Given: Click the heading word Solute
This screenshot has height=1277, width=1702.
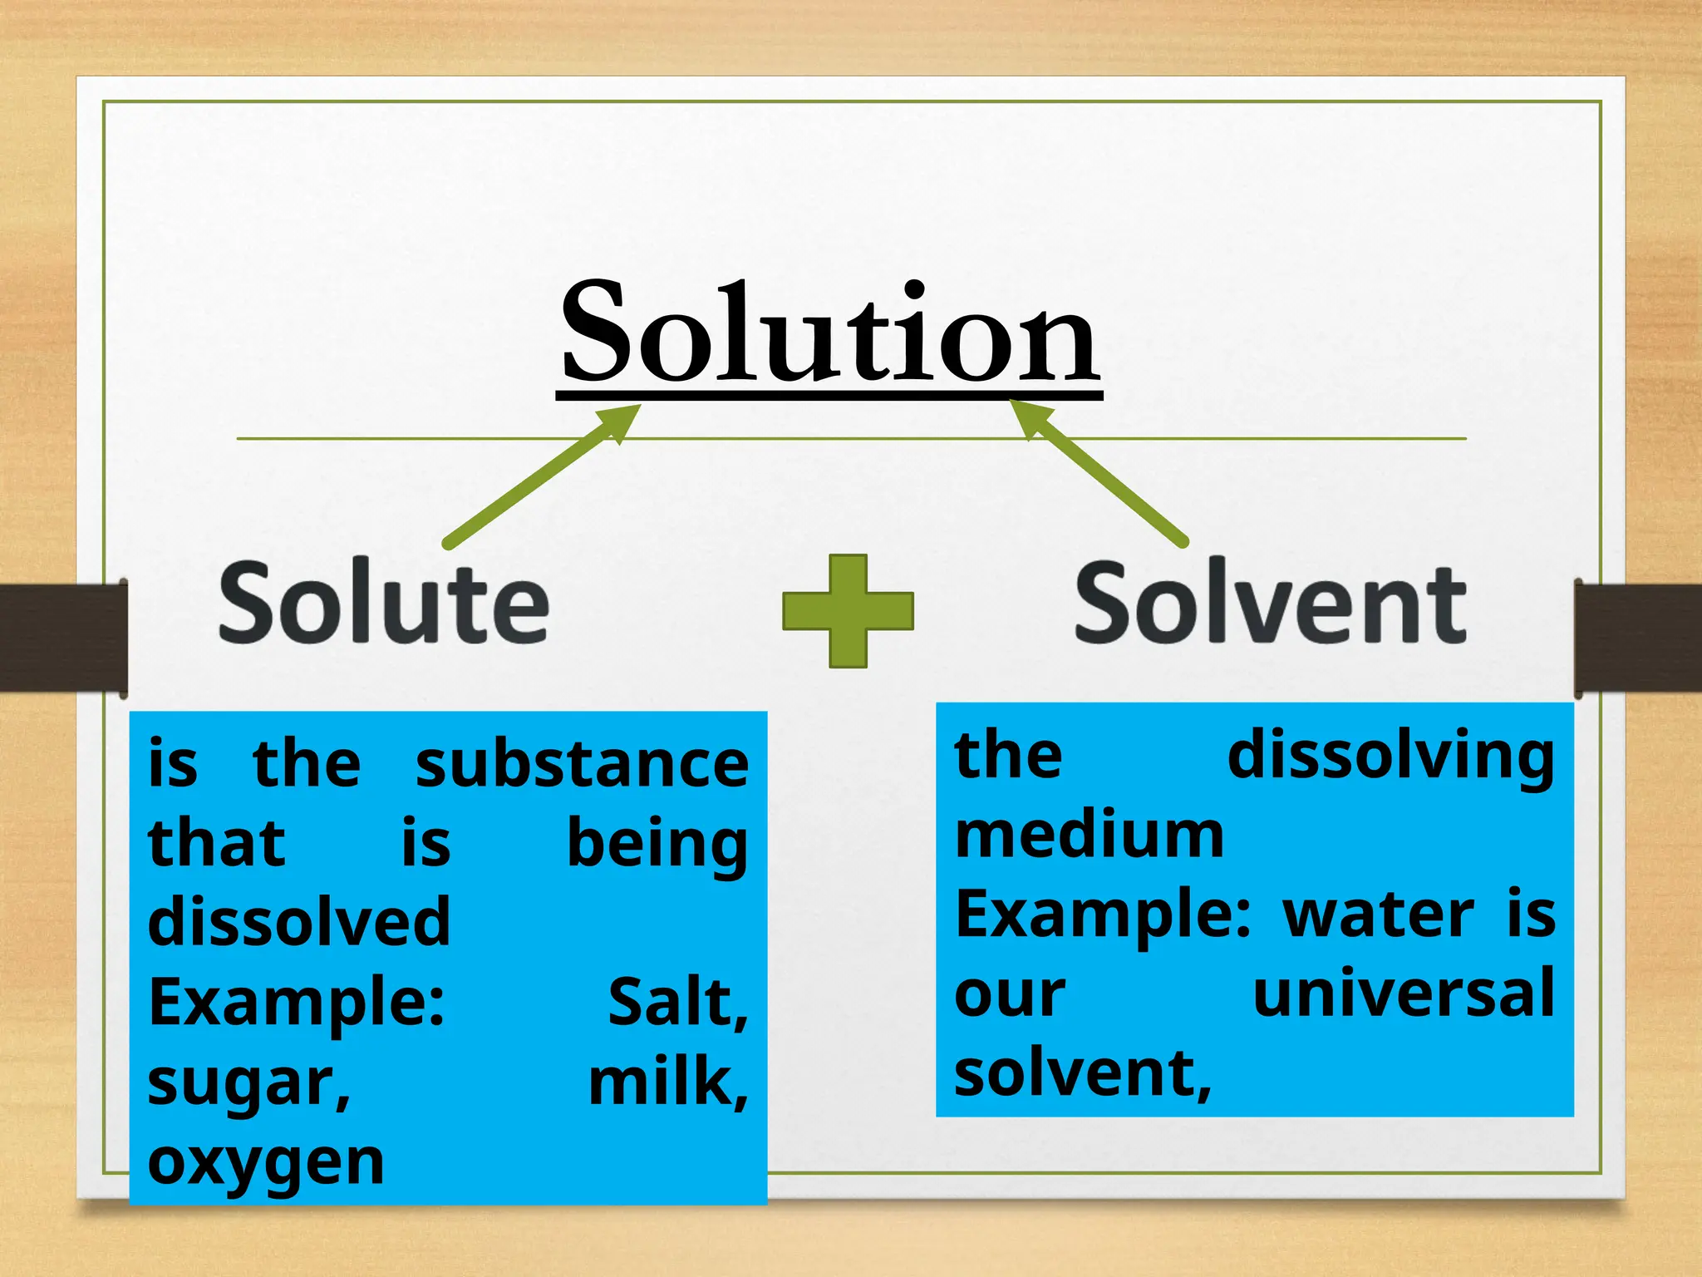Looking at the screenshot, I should (384, 603).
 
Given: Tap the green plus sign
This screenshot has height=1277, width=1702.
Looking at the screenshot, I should (848, 611).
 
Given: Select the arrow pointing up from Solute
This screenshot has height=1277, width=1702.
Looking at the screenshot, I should (540, 478).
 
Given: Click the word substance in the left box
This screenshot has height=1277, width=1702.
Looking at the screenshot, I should (582, 765).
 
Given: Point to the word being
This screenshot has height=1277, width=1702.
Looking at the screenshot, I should (657, 845).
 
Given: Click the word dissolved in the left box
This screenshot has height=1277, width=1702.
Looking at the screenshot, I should (299, 923).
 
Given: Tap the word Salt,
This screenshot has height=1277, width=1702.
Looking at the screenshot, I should (677, 1003).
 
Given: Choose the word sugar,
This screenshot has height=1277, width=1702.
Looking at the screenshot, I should (249, 1084).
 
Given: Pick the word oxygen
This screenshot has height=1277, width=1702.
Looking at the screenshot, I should (266, 1162).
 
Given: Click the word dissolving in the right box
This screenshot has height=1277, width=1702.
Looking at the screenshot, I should (1390, 757).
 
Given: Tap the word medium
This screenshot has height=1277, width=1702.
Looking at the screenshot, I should (1089, 836).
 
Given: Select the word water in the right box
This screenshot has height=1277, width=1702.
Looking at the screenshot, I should (1380, 915).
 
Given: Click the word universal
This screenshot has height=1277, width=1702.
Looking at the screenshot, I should (1403, 993).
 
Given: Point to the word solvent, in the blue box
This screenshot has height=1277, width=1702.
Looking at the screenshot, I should (1082, 1072).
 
